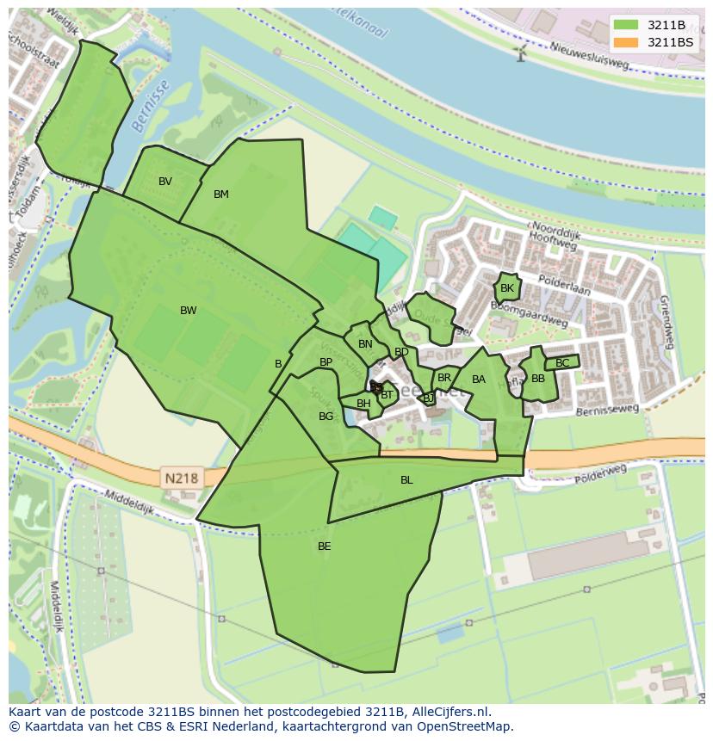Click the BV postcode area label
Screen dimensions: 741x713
point(165,182)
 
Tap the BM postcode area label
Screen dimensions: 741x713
point(221,195)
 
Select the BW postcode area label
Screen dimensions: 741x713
point(188,311)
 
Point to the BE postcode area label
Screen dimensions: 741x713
point(324,546)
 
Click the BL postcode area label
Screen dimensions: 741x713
point(406,480)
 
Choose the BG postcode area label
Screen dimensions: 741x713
point(325,417)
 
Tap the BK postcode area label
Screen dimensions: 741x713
point(507,288)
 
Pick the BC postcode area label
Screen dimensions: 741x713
point(562,363)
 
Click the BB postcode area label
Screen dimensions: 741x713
point(538,379)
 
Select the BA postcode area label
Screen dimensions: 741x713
point(479,380)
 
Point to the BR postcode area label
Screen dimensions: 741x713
point(444,378)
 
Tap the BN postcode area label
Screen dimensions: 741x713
point(365,344)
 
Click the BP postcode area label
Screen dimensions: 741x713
point(325,362)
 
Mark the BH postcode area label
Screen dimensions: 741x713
point(363,404)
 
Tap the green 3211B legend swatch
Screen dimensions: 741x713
point(627,25)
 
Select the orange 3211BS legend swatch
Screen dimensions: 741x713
point(627,42)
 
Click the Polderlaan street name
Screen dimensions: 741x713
point(564,286)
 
